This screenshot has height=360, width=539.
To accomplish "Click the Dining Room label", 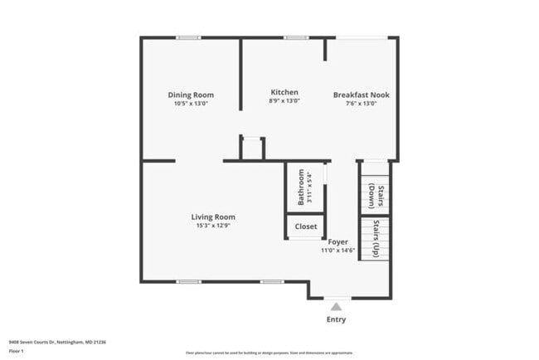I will click(191, 95).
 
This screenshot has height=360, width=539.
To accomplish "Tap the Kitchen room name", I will click(284, 92).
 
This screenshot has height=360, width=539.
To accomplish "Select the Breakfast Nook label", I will click(361, 95).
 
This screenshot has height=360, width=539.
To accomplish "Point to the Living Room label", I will click(214, 216).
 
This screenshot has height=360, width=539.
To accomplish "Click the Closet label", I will click(305, 226).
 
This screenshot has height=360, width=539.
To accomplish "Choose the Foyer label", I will click(337, 241).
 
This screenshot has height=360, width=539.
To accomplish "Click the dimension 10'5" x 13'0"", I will click(191, 104).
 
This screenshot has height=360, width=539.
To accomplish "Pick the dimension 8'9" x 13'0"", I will click(284, 100).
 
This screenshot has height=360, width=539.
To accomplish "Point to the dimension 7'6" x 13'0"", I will click(361, 104).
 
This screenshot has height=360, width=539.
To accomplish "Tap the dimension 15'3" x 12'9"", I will click(214, 225).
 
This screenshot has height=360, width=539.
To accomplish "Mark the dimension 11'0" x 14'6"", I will click(337, 250).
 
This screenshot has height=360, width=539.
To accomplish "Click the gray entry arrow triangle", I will click(336, 307).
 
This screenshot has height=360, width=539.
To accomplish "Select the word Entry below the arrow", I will click(336, 320).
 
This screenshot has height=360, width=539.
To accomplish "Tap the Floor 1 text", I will click(17, 351).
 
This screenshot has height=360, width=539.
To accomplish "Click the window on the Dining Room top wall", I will click(188, 37).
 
